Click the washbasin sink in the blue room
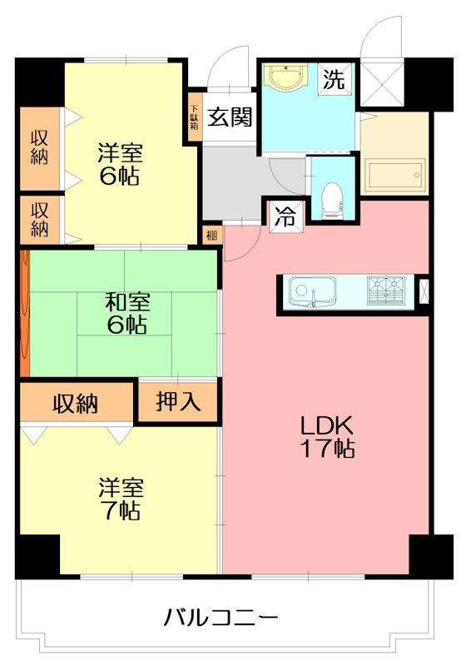(x=287, y=82)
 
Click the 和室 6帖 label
(x=126, y=312)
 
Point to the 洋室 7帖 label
(x=119, y=498)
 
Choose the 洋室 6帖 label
(x=121, y=165)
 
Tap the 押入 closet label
(x=179, y=403)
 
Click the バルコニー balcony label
(x=220, y=618)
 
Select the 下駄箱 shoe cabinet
(x=194, y=117)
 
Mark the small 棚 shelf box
(x=211, y=236)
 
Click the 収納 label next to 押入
(x=76, y=404)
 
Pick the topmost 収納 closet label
(x=40, y=147)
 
